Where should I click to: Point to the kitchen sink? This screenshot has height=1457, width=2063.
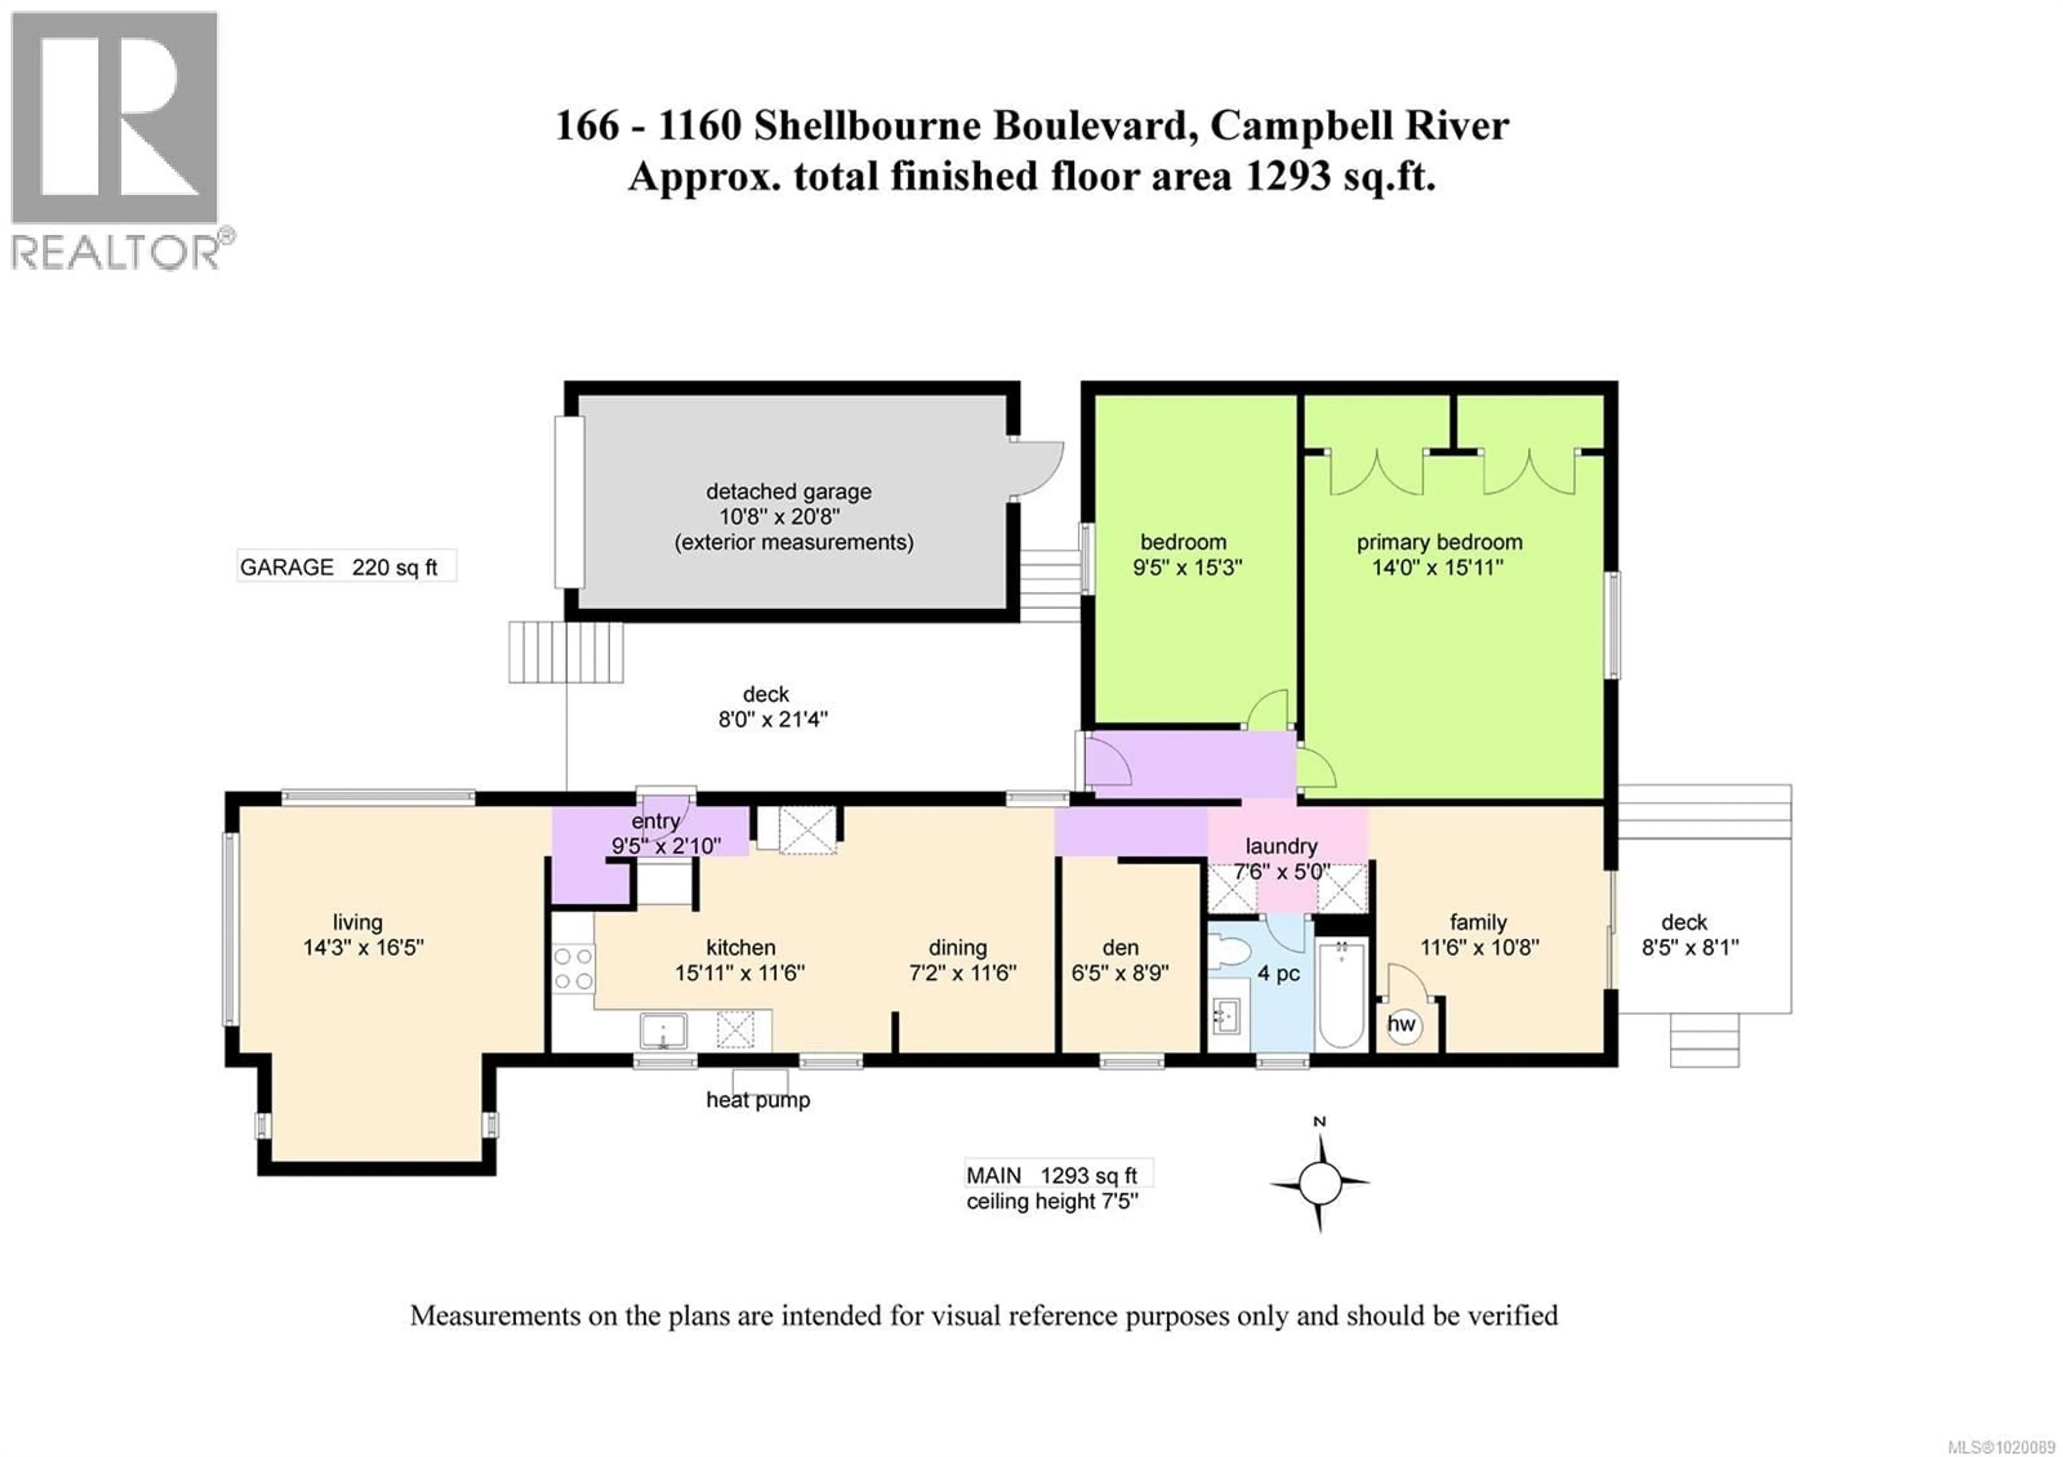663,1031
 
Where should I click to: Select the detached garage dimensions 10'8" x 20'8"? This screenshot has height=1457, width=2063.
780,517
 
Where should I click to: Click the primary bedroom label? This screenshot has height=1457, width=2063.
1439,543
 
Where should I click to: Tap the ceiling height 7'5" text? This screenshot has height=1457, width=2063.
1051,1202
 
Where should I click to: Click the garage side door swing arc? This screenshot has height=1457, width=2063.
1042,467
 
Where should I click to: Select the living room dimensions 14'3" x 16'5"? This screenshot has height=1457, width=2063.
363,948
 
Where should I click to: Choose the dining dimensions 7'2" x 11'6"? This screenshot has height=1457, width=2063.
962,973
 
